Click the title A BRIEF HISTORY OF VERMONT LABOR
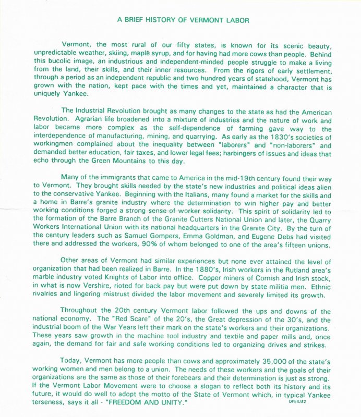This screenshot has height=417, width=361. click(183, 20)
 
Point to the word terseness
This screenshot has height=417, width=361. click(52, 404)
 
